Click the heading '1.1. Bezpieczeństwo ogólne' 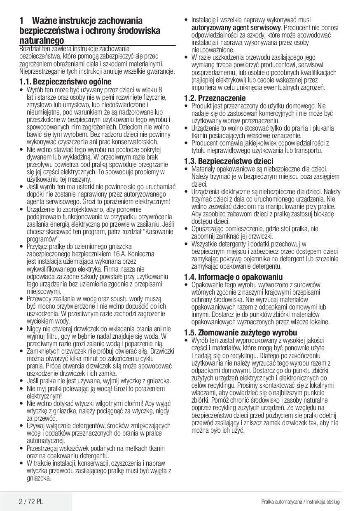pyautogui.click(x=65, y=82)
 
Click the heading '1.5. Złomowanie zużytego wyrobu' pyautogui.click(x=240, y=333)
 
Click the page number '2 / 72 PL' pyautogui.click(x=31, y=502)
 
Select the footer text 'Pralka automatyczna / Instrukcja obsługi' pyautogui.click(x=301, y=502)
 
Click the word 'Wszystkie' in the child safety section pyautogui.click(x=205, y=244)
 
